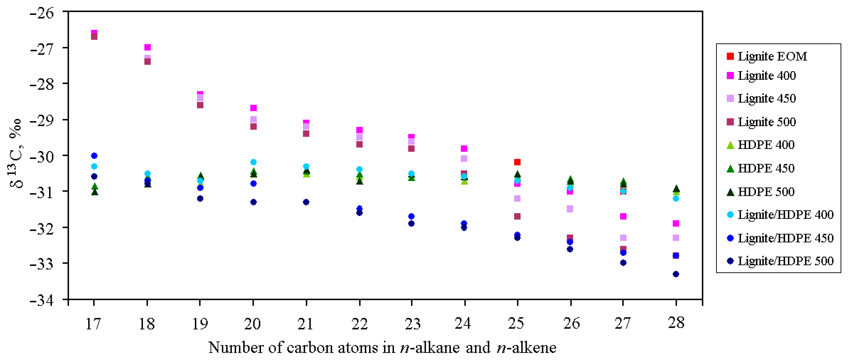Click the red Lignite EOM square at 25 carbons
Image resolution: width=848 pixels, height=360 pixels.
point(517,162)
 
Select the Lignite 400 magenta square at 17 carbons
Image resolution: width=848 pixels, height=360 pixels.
point(94,33)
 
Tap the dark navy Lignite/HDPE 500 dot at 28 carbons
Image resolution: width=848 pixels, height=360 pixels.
point(676,274)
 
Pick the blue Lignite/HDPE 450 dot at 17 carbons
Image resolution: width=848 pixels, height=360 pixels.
point(94,155)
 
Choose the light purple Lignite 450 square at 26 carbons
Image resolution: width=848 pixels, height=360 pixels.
point(570,209)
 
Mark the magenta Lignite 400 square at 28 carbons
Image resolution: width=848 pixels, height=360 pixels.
point(676,224)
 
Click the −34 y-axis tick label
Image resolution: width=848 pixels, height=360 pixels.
point(42,300)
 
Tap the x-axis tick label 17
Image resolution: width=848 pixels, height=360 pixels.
point(93,324)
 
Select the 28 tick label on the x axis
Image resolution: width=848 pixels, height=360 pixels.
point(676,323)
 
